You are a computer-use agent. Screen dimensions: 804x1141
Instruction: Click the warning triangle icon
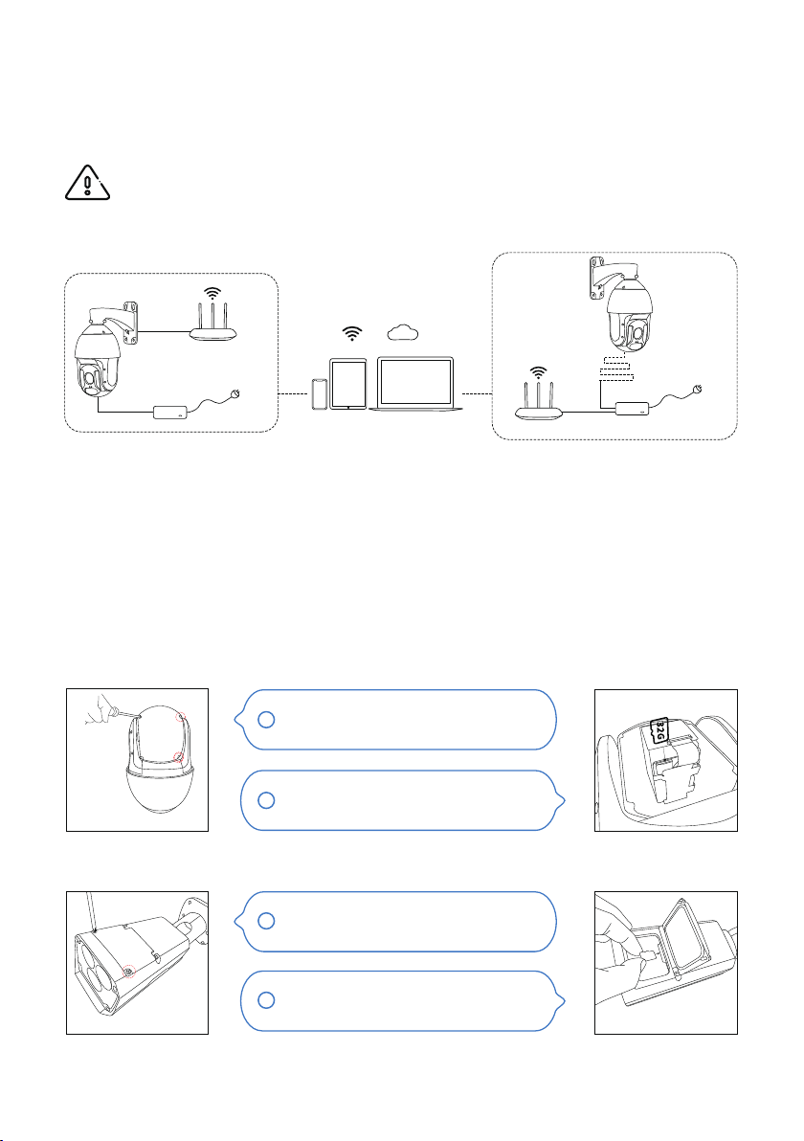87,183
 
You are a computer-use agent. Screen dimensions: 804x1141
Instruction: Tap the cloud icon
402,332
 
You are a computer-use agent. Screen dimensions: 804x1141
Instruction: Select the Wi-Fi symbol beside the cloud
352,333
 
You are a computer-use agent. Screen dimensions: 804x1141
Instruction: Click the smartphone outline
320,393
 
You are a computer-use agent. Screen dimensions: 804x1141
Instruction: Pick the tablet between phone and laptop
348,384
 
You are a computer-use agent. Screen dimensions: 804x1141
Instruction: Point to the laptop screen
416,382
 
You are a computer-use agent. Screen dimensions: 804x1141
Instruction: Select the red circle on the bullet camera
129,971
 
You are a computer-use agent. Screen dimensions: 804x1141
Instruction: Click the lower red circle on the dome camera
179,758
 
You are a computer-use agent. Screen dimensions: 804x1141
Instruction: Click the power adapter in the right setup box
634,408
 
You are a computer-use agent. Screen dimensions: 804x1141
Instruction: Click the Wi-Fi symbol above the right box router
538,373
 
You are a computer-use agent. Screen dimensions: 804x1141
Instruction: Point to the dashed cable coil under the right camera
614,368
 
